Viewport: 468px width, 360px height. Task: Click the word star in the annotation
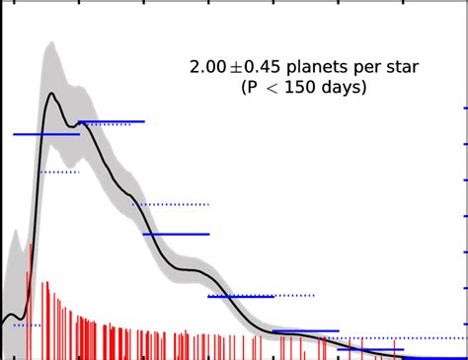coord(400,68)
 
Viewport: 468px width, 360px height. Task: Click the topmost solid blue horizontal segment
coord(111,121)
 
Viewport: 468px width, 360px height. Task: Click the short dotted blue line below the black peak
coord(59,172)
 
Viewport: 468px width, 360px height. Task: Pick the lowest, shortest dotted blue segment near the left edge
coord(26,324)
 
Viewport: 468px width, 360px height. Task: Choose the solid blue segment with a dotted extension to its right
coord(241,296)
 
